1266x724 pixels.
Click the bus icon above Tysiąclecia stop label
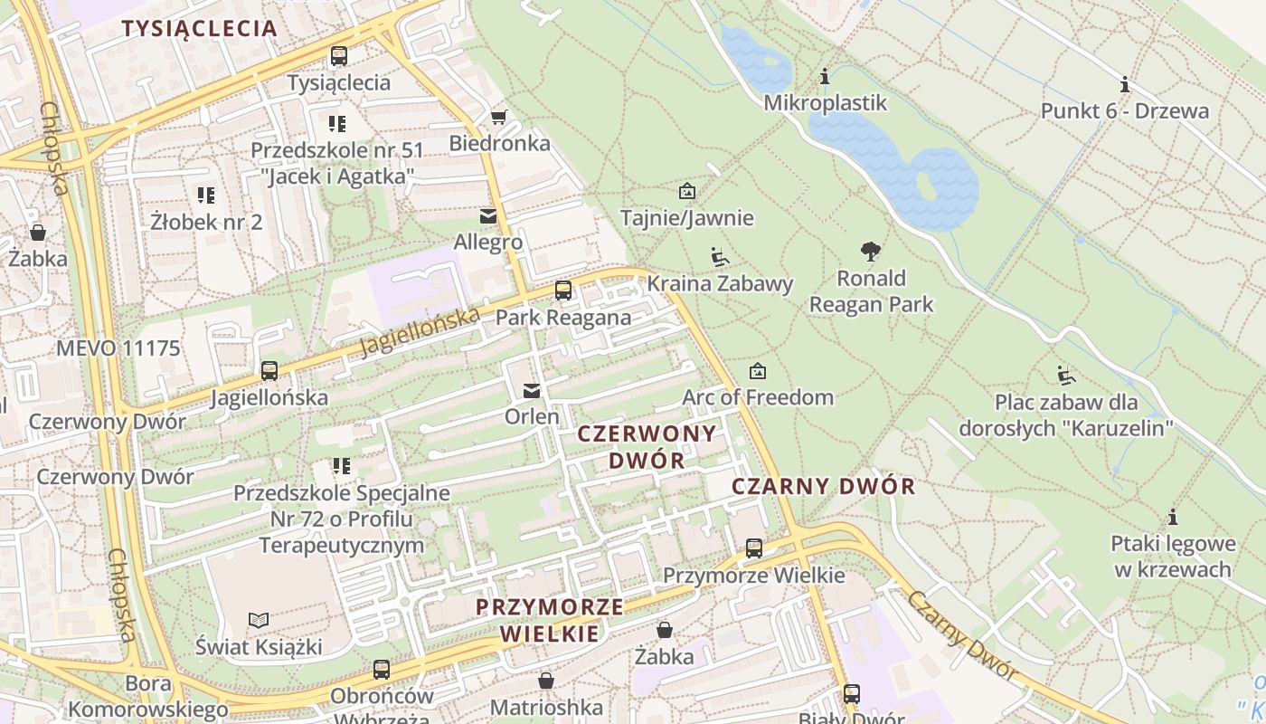(339, 56)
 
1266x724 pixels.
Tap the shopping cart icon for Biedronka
(498, 118)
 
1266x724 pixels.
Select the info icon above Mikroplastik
(825, 77)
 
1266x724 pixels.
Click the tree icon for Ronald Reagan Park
(871, 251)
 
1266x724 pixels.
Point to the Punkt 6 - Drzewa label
(1124, 111)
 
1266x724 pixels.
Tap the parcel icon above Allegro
(488, 216)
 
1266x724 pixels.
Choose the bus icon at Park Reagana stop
(563, 291)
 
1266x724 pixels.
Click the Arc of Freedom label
(758, 397)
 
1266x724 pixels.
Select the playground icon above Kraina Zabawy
(720, 257)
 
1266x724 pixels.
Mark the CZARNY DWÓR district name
(823, 486)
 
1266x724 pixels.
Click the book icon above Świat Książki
(259, 620)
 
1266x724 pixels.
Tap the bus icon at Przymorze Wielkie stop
(754, 548)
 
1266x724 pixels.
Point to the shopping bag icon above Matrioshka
(546, 680)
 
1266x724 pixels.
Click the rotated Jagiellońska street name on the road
(420, 332)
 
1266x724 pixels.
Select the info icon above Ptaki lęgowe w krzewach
(1173, 518)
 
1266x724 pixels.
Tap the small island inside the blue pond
(926, 185)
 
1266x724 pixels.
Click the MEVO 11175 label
(118, 348)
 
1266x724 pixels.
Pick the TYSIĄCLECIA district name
(199, 28)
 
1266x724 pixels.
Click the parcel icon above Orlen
(532, 391)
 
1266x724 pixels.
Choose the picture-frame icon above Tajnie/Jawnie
(687, 191)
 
